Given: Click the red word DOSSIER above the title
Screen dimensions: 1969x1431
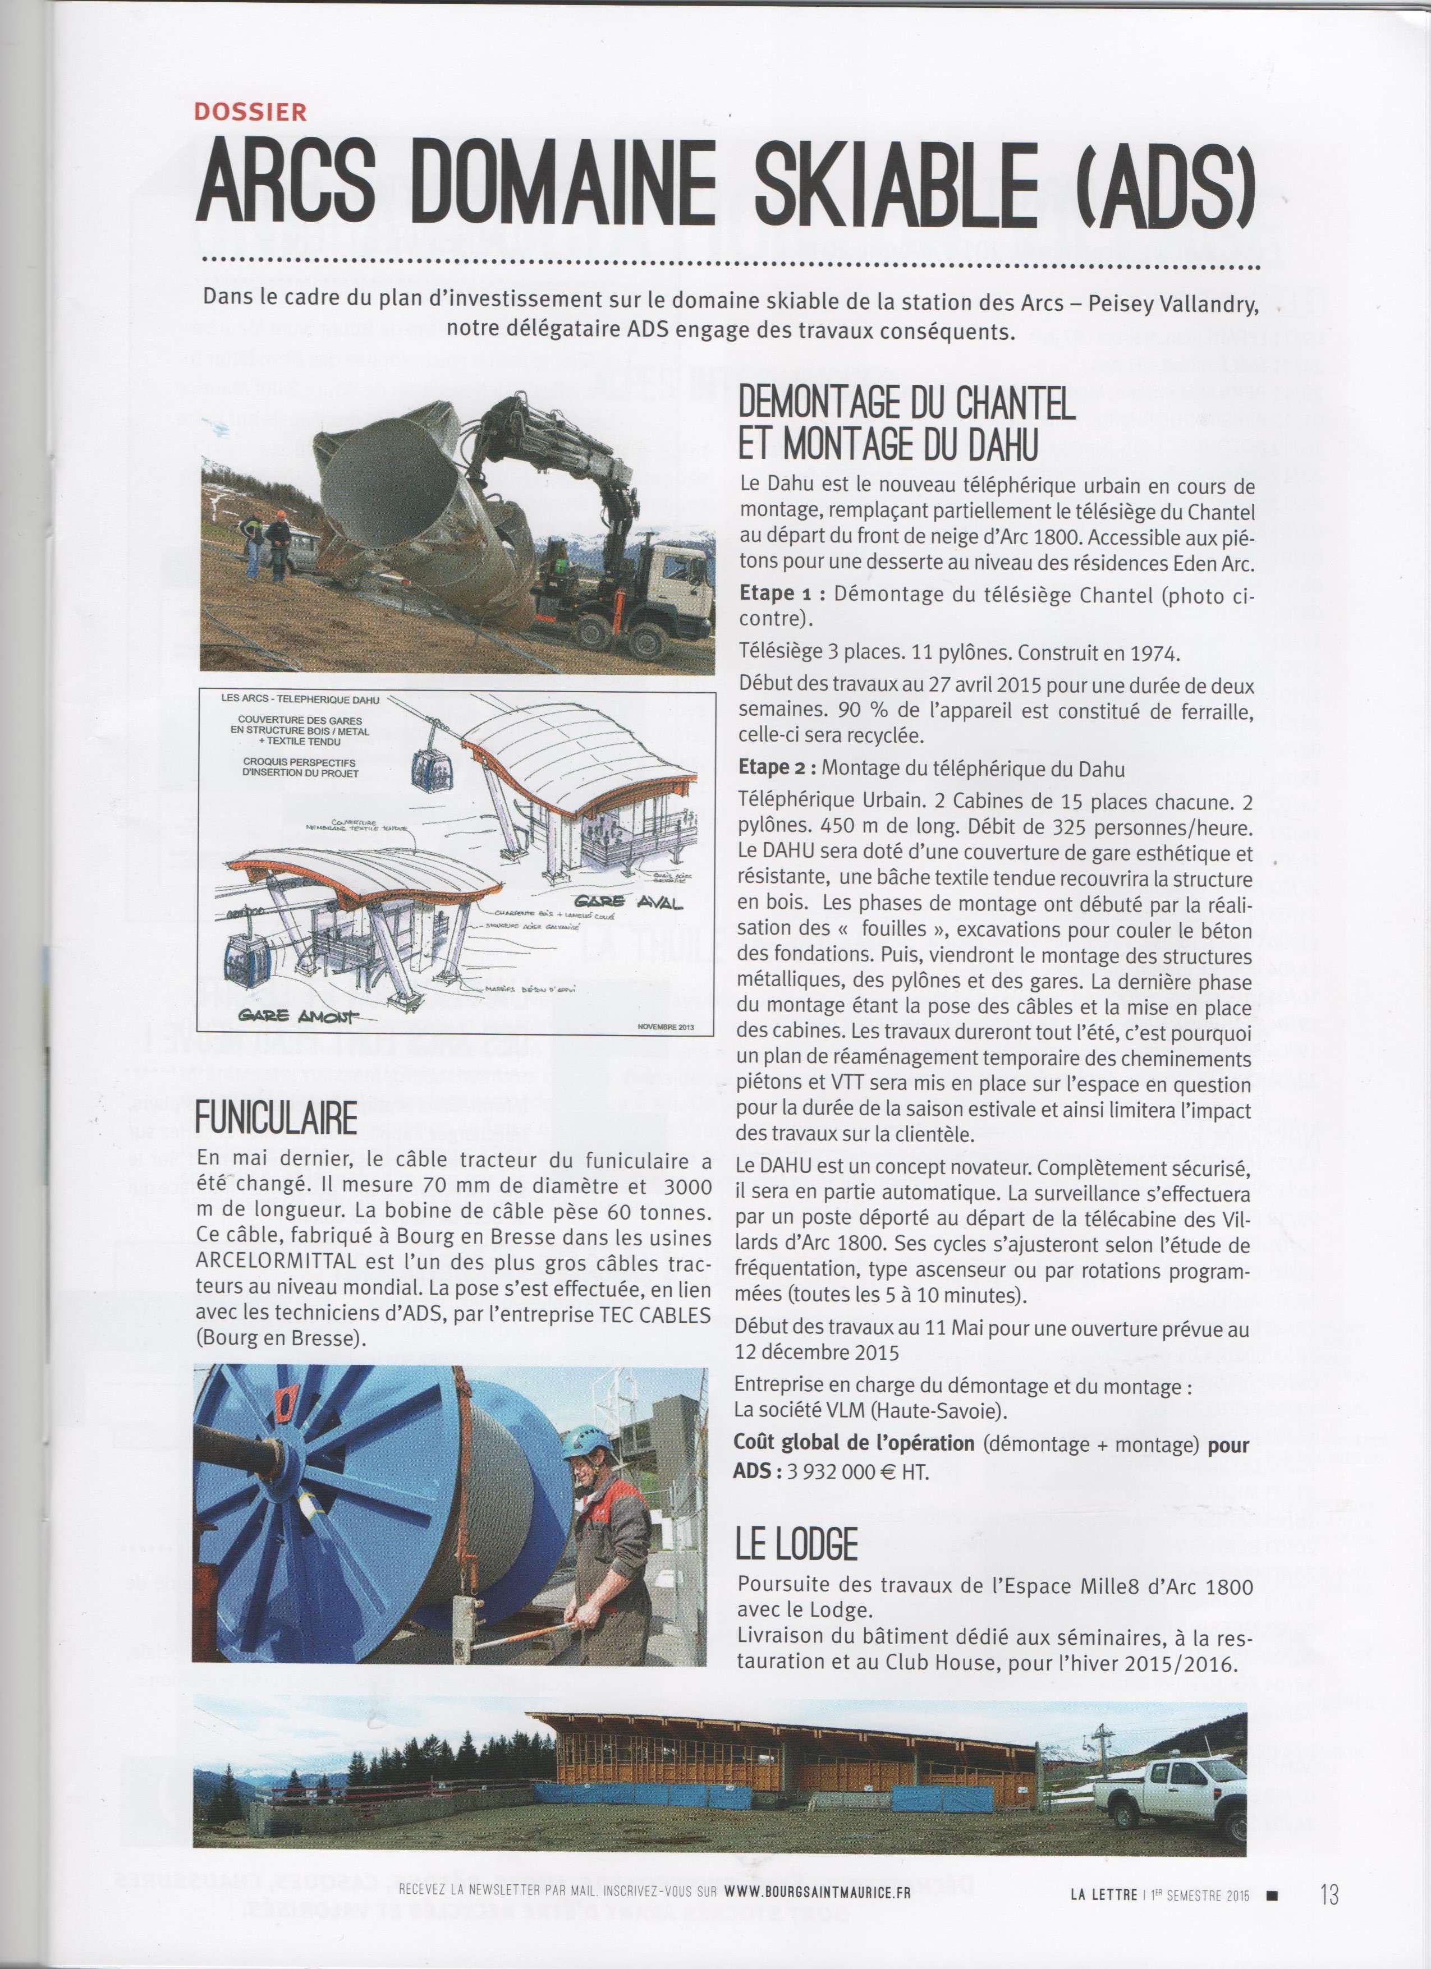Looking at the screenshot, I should tap(251, 112).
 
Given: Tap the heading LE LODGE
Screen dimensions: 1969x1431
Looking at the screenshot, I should tap(796, 1544).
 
